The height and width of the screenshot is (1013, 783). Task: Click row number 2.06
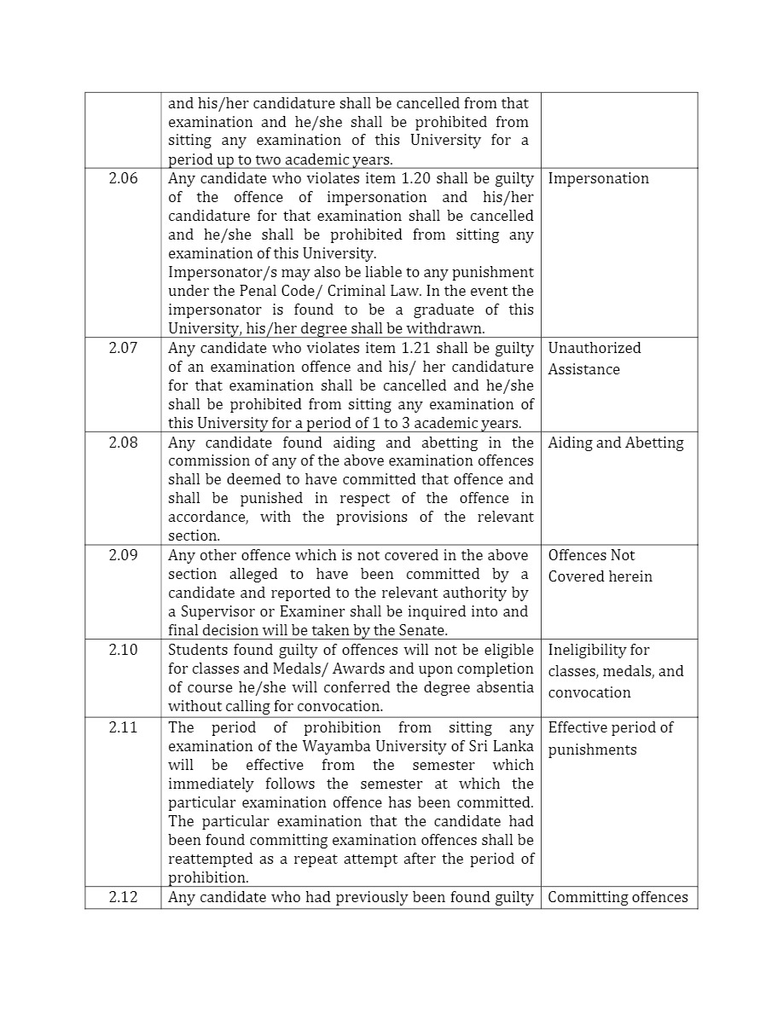[x=123, y=178]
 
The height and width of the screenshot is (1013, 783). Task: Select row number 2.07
[x=123, y=348]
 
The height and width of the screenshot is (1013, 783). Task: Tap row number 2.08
[x=123, y=443]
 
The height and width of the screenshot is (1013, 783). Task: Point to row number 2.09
[x=123, y=555]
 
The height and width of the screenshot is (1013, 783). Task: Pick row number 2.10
[x=123, y=650]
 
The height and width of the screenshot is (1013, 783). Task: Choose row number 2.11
[x=123, y=727]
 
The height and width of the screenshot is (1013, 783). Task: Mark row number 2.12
[x=123, y=897]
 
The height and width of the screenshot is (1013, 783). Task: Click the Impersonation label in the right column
[x=598, y=178]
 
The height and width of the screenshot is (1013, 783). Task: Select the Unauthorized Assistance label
[x=594, y=359]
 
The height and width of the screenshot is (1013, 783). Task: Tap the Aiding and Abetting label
[x=616, y=443]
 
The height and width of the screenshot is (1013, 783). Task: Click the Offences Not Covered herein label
[x=600, y=566]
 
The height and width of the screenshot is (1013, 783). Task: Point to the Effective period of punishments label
[x=610, y=738]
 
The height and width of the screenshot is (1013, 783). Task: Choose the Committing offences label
[x=618, y=897]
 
